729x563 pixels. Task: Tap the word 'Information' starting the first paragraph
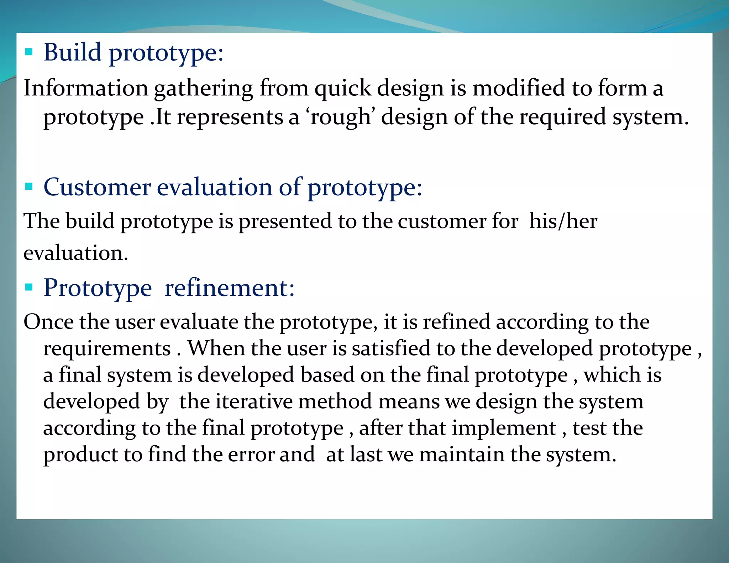[x=86, y=88]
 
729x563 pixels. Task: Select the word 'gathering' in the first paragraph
[x=203, y=89]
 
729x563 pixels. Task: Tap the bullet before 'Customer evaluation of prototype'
[x=29, y=186]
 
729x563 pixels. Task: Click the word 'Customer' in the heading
[x=97, y=187]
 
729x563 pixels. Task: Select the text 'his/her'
[x=563, y=221]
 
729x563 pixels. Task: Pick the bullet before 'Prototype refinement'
[x=29, y=287]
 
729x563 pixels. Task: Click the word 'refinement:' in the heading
[x=230, y=288]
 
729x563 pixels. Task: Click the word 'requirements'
[x=107, y=348]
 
